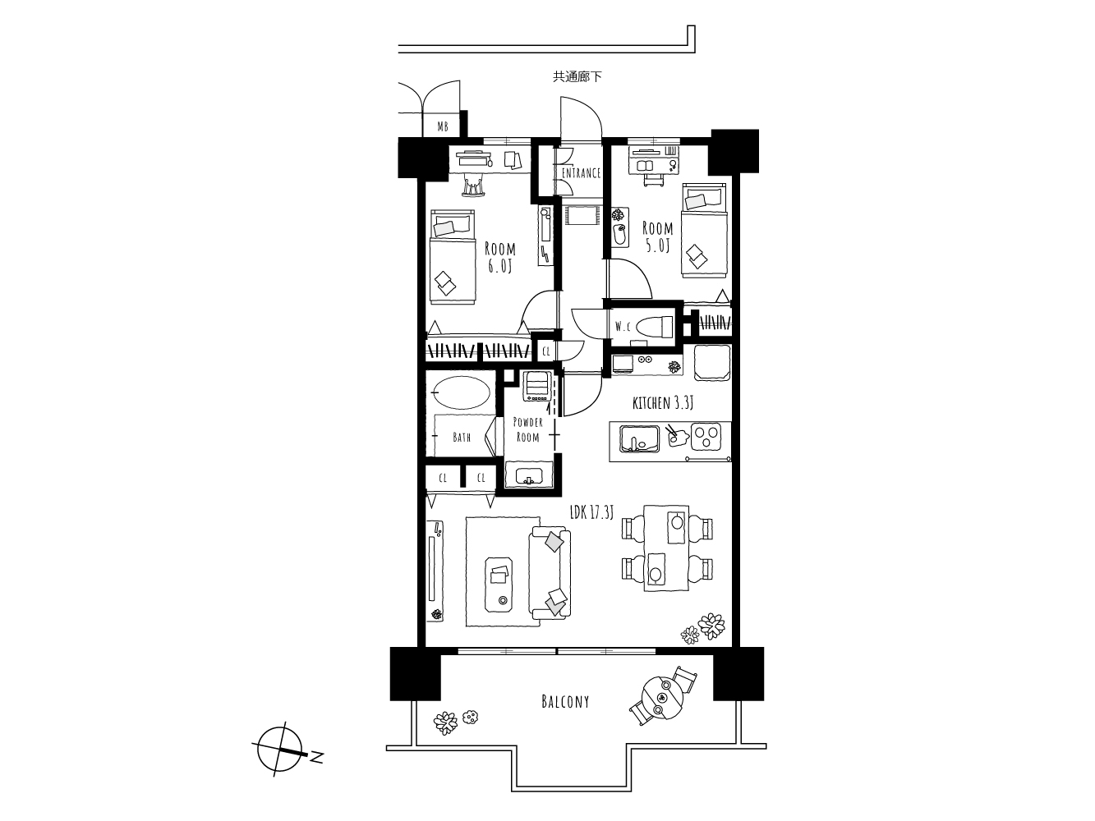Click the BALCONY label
[565, 702]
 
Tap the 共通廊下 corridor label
[577, 77]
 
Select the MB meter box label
[443, 127]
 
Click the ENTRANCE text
[581, 173]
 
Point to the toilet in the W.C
[655, 327]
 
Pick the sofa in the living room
[550, 573]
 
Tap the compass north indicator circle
[280, 749]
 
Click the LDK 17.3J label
[591, 512]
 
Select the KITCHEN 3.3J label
[663, 403]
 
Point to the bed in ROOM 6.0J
[453, 257]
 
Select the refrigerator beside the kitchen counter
[712, 362]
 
